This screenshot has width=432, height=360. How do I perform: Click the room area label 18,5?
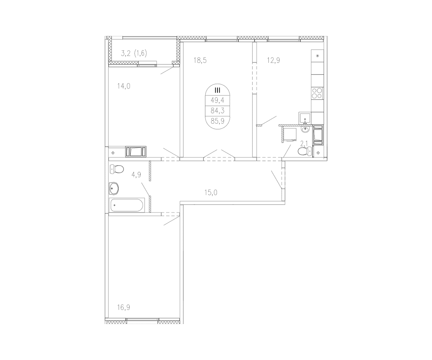pyautogui.click(x=200, y=60)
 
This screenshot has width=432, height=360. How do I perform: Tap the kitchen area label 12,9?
pyautogui.click(x=273, y=60)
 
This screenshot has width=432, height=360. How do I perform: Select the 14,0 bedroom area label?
pyautogui.click(x=123, y=86)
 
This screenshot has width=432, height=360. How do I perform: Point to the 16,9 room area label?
pyautogui.click(x=123, y=307)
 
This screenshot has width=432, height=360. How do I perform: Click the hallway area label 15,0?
pyautogui.click(x=211, y=193)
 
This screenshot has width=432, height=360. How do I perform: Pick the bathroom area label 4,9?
pyautogui.click(x=136, y=175)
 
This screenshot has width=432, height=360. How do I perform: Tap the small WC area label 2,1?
pyautogui.click(x=304, y=144)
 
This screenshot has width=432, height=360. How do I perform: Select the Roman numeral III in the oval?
pyautogui.click(x=217, y=90)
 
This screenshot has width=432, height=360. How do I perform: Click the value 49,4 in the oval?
pyautogui.click(x=217, y=100)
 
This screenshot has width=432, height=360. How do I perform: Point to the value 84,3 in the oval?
pyautogui.click(x=217, y=111)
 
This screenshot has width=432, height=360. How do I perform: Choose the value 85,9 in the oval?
pyautogui.click(x=217, y=121)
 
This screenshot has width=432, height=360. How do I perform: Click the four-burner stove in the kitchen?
pyautogui.click(x=317, y=93)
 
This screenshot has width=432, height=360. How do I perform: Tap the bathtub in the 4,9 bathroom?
pyautogui.click(x=126, y=205)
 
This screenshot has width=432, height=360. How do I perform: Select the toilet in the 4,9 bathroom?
pyautogui.click(x=117, y=168)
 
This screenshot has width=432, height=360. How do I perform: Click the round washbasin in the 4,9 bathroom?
pyautogui.click(x=114, y=187)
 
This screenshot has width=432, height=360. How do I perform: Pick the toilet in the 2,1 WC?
pyautogui.click(x=304, y=151)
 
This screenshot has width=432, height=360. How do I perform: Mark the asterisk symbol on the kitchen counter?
pyautogui.click(x=317, y=56)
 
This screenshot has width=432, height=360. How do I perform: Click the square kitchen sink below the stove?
pyautogui.click(x=305, y=118)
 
